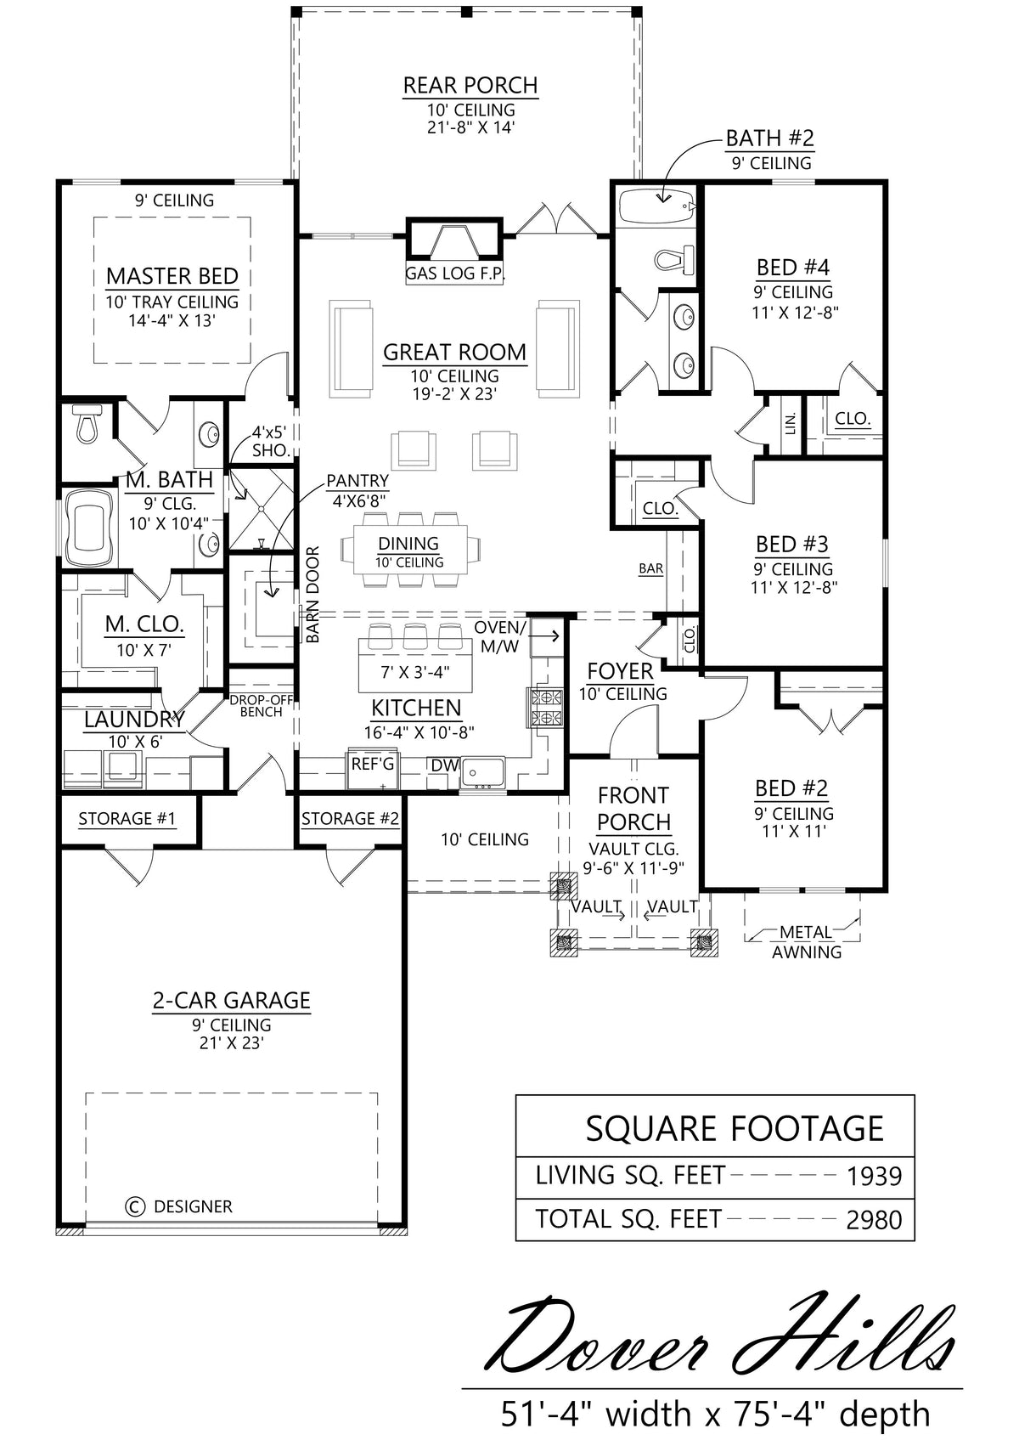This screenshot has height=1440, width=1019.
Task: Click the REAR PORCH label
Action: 470,85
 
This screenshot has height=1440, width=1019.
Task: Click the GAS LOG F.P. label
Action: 455,274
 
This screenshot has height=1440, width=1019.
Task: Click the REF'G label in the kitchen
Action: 373,764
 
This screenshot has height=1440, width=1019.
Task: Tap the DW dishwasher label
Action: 445,765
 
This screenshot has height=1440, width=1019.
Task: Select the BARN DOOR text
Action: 312,595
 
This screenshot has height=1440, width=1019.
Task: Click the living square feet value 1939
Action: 874,1177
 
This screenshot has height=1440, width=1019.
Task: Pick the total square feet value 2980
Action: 874,1219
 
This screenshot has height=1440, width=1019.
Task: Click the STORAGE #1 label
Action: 127,818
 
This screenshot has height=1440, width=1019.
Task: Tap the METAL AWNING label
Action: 807,942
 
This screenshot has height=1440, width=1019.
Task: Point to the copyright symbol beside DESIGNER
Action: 134,1206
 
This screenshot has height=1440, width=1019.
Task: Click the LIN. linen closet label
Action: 791,423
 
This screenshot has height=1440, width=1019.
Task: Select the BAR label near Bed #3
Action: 650,568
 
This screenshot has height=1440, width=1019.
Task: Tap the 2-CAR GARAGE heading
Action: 231,1001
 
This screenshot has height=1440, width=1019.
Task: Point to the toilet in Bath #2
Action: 674,259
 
